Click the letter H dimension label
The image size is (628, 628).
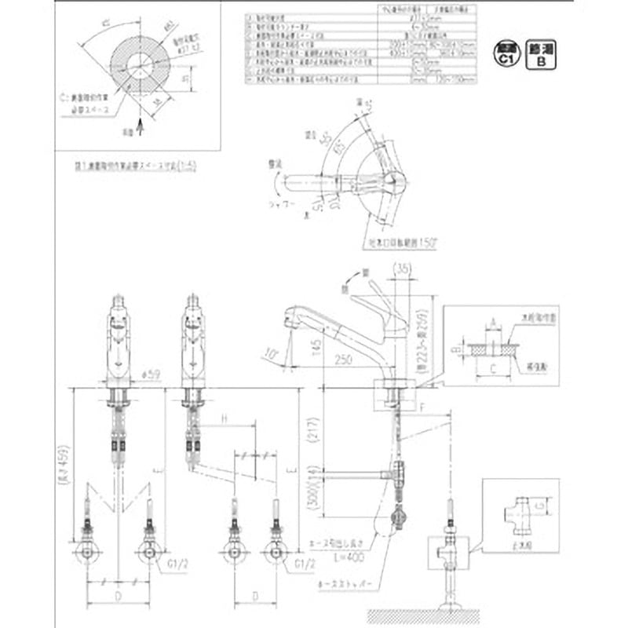(x=225, y=420)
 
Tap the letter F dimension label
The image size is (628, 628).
(x=422, y=408)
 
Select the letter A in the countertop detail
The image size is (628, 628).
(x=492, y=321)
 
